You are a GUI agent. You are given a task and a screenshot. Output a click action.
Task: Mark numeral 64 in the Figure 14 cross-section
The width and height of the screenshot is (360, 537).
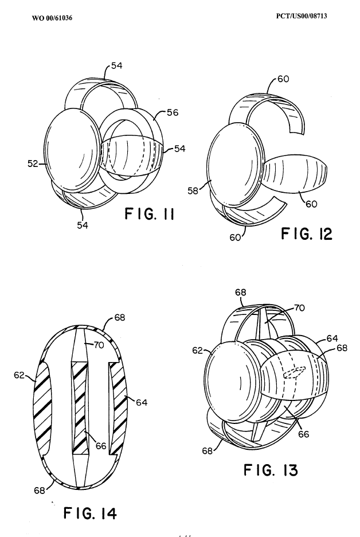142,402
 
